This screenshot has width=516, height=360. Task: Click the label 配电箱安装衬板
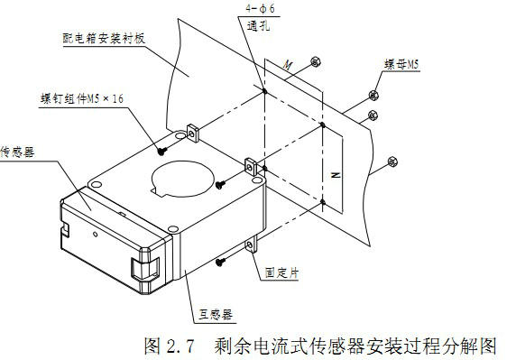click(104, 39)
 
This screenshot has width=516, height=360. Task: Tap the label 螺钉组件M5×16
click(82, 98)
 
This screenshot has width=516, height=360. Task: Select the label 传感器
click(17, 152)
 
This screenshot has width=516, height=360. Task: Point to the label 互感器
click(216, 314)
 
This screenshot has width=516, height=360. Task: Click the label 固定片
click(281, 272)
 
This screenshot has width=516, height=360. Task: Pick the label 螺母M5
click(401, 64)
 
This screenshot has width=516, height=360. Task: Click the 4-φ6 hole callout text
click(260, 8)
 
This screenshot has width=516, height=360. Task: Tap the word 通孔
click(259, 25)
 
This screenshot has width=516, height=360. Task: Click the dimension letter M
click(288, 65)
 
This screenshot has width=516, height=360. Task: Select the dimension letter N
click(336, 175)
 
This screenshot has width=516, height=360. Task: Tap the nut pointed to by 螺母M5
click(373, 95)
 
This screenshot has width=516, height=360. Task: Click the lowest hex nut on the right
click(392, 162)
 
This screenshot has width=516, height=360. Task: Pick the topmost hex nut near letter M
click(316, 61)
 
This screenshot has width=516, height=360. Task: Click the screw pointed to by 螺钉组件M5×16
click(161, 151)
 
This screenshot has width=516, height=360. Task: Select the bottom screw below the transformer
click(220, 262)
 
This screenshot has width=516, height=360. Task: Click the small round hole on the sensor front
click(95, 234)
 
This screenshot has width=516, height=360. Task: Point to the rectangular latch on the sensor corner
click(145, 267)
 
